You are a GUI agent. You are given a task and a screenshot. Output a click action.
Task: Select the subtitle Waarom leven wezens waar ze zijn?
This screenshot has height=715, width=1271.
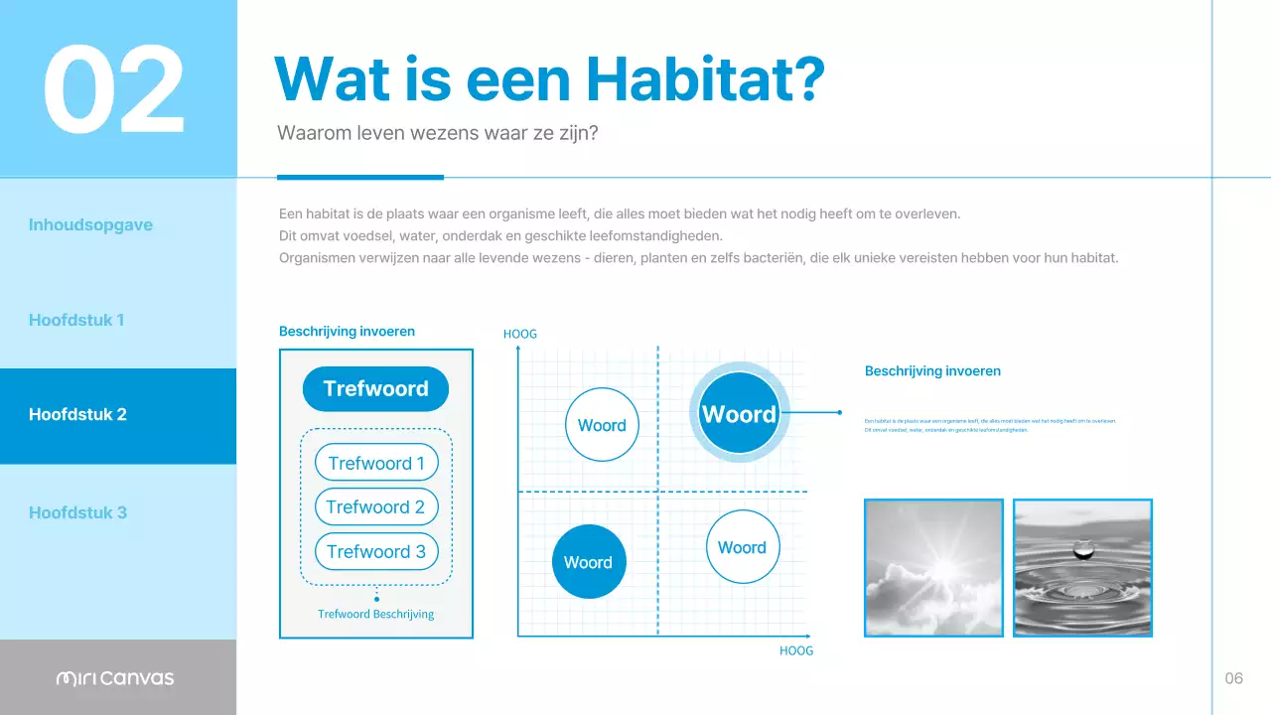pyautogui.click(x=437, y=133)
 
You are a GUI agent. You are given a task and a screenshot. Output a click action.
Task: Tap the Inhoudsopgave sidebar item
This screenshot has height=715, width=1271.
pyautogui.click(x=90, y=224)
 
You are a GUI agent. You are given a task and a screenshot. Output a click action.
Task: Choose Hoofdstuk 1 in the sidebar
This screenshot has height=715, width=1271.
pyautogui.click(x=76, y=320)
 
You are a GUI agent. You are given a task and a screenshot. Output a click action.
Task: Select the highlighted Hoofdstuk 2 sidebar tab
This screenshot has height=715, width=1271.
pyautogui.click(x=77, y=415)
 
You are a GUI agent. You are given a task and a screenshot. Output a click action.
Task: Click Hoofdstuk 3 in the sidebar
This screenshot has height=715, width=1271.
pyautogui.click(x=77, y=512)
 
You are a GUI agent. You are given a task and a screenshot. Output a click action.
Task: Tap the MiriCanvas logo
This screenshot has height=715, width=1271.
pyautogui.click(x=115, y=678)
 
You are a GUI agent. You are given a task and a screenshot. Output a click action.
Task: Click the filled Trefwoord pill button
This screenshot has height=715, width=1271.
pyautogui.click(x=375, y=388)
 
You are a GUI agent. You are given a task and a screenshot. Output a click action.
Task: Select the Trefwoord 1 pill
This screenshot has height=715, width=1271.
pyautogui.click(x=376, y=463)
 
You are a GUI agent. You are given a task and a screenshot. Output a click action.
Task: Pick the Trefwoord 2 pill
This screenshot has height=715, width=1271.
pyautogui.click(x=376, y=507)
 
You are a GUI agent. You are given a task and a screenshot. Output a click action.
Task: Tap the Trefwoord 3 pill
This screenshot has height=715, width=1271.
pyautogui.click(x=376, y=552)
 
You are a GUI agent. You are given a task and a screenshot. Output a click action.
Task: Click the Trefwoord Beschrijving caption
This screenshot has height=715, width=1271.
pyautogui.click(x=376, y=614)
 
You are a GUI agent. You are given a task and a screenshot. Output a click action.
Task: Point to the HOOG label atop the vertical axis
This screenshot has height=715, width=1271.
pyautogui.click(x=520, y=334)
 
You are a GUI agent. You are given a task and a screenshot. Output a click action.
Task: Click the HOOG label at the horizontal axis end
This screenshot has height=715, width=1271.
pyautogui.click(x=795, y=650)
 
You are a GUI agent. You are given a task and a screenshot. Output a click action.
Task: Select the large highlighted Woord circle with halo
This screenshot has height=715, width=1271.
pyautogui.click(x=739, y=414)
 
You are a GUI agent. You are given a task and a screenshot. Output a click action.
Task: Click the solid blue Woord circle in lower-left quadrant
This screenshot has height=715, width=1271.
pyautogui.click(x=588, y=562)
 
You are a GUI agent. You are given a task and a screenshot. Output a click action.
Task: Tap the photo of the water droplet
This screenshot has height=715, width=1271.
pyautogui.click(x=1082, y=567)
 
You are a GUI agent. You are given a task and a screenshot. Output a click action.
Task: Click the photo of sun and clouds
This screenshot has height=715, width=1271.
pyautogui.click(x=933, y=567)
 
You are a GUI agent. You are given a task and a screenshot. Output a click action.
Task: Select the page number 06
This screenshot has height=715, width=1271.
pyautogui.click(x=1233, y=678)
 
